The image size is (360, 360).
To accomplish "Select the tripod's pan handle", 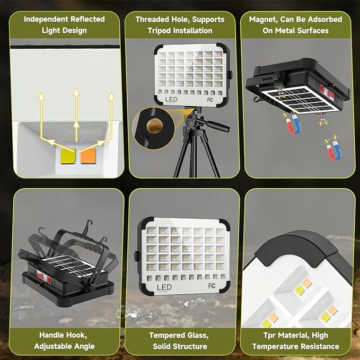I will [215, 127].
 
